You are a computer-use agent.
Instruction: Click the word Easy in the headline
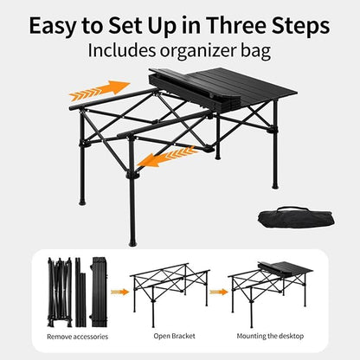click(x=60, y=23)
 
